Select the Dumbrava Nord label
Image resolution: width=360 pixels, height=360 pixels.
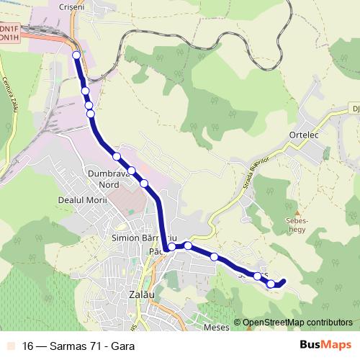point(107,179)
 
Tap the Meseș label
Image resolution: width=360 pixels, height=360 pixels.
point(216,327)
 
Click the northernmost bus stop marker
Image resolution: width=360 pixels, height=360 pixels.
point(76,55)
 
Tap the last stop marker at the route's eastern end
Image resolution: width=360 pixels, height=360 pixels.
point(271,284)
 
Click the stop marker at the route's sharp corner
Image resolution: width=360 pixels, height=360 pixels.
point(171,247)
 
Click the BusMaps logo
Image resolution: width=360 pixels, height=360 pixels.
point(325,345)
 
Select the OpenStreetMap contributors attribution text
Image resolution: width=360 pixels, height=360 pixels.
point(297,323)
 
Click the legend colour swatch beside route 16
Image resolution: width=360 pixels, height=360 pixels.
point(9,346)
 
